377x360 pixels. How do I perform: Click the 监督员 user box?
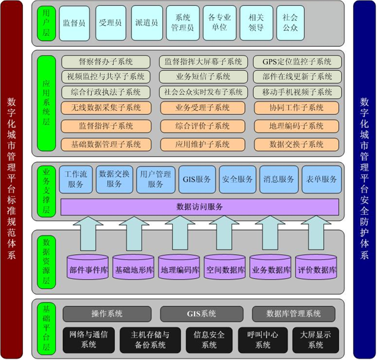tap(75, 23)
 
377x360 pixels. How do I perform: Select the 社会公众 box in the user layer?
tap(290, 23)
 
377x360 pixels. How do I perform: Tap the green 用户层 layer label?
tap(46, 23)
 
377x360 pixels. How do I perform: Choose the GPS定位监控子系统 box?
tap(297, 62)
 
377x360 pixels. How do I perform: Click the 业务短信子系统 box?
tap(203, 77)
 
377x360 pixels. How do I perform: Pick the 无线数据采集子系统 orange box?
tap(106, 108)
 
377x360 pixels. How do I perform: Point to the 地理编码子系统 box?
tap(297, 126)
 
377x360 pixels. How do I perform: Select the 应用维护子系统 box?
tap(203, 144)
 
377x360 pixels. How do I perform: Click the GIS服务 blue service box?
tap(197, 180)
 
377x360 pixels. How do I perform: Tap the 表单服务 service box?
tap(322, 180)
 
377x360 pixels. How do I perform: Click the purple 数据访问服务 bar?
tap(199, 207)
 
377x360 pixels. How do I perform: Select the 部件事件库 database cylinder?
tap(87, 267)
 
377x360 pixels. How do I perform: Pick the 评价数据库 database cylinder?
tap(316, 267)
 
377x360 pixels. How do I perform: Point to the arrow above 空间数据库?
tap(224, 233)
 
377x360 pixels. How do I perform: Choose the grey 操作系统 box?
tap(107, 314)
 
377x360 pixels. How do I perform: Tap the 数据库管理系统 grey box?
tap(293, 314)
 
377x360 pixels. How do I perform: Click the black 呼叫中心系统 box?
tap(263, 340)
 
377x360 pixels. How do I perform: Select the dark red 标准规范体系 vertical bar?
tap(12, 180)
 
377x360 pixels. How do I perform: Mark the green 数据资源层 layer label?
tap(46, 262)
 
